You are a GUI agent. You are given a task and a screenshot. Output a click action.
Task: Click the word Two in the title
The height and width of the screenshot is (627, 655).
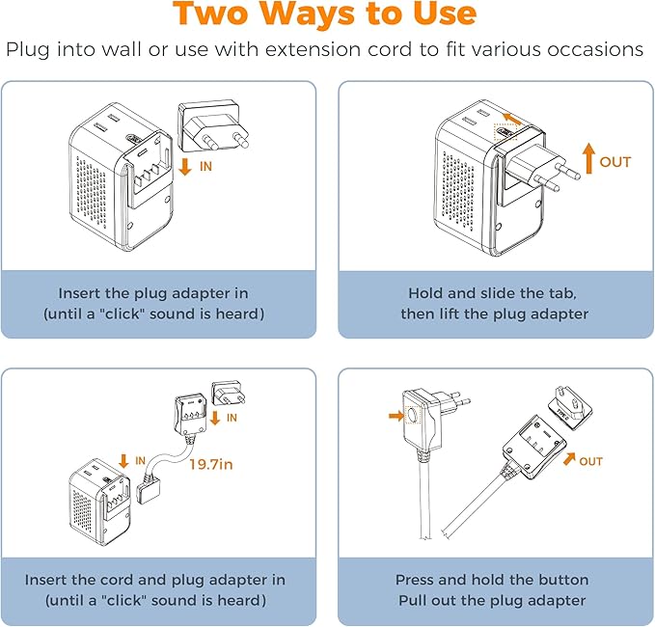coord(219,14)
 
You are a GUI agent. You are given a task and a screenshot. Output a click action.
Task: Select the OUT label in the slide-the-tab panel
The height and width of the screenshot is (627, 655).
coord(615,162)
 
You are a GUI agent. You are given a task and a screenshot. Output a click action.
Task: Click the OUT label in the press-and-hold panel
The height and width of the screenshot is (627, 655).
coord(591,461)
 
